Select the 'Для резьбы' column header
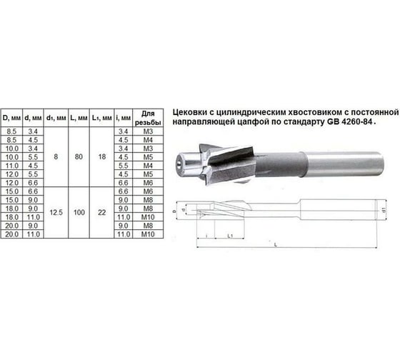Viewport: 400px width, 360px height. pos(149,116)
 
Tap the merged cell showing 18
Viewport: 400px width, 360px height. pos(102,155)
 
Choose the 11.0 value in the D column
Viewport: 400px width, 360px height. pos(11,164)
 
